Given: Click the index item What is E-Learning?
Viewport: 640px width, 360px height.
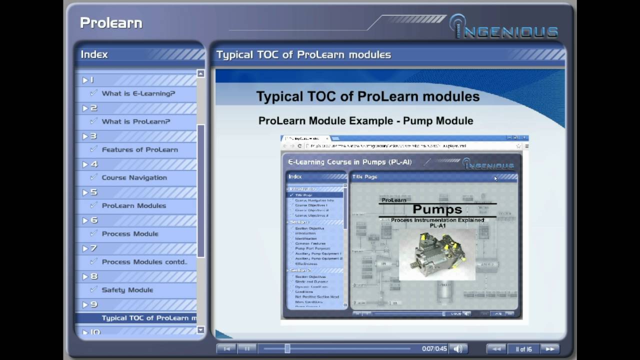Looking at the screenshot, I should point(138,93).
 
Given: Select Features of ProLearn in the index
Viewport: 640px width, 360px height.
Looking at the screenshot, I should point(139,149).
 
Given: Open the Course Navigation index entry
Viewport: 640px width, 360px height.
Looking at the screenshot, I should point(134,177).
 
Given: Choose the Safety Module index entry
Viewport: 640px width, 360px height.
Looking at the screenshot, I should point(127,290).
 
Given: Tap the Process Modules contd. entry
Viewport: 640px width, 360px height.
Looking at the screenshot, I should point(144,262).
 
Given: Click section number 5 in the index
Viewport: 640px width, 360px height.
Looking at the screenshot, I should point(93,192).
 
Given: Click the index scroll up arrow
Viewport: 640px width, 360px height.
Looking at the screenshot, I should point(200,74).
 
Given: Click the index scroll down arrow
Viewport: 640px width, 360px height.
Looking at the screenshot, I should point(200,330).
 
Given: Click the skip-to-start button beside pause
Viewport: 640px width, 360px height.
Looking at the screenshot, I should point(226,349).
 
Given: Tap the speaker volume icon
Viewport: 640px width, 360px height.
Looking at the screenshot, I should point(457,349).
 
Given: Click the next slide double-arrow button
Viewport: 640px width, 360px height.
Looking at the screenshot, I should point(549,349).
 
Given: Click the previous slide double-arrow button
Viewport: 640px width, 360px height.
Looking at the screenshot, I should point(496,349).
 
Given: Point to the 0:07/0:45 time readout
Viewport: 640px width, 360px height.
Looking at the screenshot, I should point(434,349).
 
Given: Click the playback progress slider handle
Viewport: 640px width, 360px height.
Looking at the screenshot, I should point(287,349).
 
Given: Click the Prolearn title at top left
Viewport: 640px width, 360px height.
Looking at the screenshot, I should point(111,23).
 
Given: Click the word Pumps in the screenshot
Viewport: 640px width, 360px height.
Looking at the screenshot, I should point(437,209).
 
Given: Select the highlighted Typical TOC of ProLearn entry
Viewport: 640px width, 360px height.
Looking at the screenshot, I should point(145,318).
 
